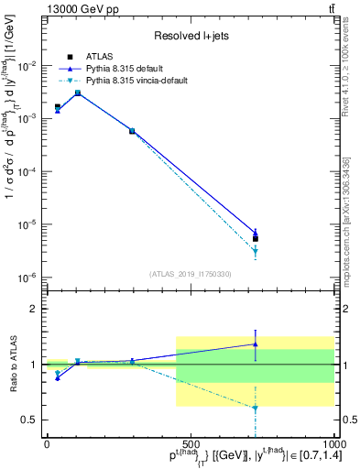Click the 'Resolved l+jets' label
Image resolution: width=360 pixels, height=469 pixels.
[188, 36]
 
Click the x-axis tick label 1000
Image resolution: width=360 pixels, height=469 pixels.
[332, 442]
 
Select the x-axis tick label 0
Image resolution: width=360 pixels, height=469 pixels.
[47, 442]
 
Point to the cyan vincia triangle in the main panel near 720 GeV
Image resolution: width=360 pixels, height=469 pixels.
[256, 251]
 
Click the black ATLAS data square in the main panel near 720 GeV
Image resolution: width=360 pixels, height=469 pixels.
[256, 239]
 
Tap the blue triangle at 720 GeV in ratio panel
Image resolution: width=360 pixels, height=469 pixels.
[256, 344]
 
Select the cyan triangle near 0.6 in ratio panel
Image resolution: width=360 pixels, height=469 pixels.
[256, 409]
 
